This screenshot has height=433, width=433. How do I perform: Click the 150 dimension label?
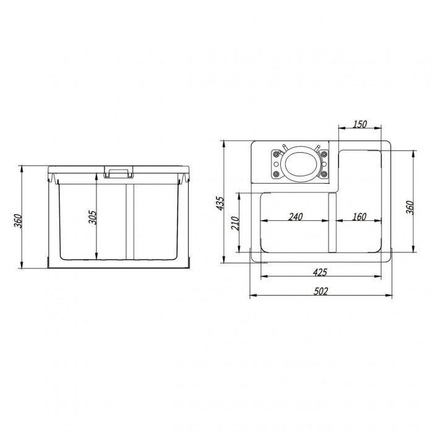pyautogui.click(x=360, y=124)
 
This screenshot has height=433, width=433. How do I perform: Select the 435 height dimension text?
pyautogui.click(x=220, y=204)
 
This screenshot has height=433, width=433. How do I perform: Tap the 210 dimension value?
pyautogui.click(x=235, y=223)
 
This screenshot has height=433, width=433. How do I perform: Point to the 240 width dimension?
pyautogui.click(x=296, y=216)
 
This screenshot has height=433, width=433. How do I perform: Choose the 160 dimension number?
pyautogui.click(x=359, y=216)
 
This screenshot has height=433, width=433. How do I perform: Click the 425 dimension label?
pyautogui.click(x=320, y=272)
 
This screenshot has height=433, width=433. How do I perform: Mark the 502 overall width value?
pyautogui.click(x=321, y=291)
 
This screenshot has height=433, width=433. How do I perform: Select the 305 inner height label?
pyautogui.click(x=93, y=217)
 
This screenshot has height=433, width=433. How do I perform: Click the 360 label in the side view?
pyautogui.click(x=18, y=221)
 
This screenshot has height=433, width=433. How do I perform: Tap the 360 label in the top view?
pyautogui.click(x=410, y=207)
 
